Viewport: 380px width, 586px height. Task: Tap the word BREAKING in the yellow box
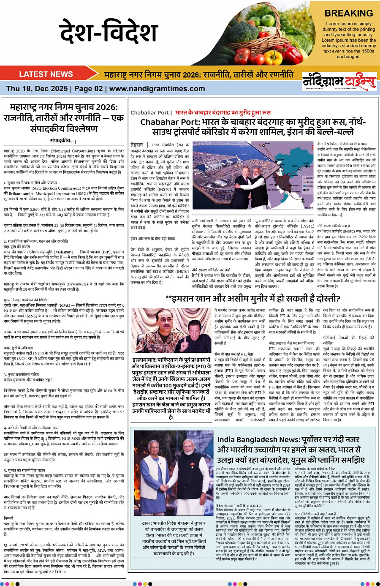(x=349, y=13)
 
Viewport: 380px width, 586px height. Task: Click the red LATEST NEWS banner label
(x=46, y=74)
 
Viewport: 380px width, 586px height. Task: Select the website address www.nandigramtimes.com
(x=157, y=89)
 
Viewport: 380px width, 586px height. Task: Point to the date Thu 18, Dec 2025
(x=37, y=89)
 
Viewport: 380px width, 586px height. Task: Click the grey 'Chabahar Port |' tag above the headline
(x=151, y=113)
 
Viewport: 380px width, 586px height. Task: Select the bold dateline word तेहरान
(x=137, y=144)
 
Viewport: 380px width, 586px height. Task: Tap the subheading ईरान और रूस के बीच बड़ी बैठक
(x=153, y=239)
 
